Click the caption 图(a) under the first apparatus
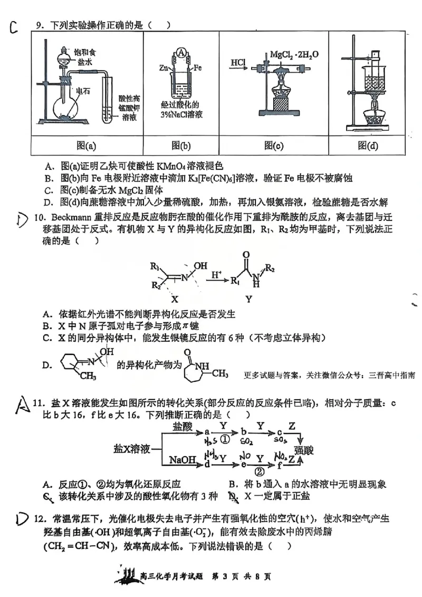tap(87, 146)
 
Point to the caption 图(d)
tap(368, 146)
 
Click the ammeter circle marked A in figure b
tap(181, 53)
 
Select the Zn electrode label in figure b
tap(164, 68)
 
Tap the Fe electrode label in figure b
tap(198, 68)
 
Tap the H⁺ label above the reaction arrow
tap(216, 275)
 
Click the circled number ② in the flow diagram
tap(259, 471)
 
